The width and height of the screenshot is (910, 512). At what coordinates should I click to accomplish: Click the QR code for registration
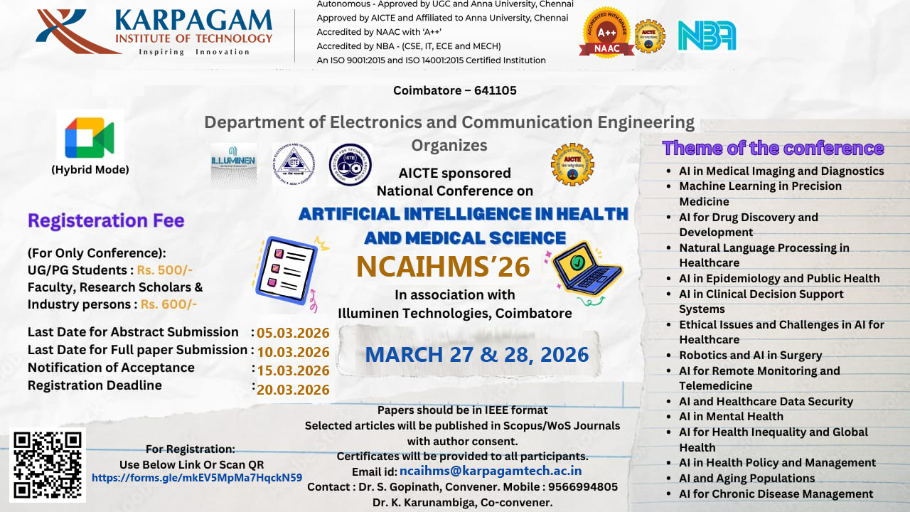click(x=48, y=464)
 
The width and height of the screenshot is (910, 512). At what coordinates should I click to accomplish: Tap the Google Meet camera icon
click(x=90, y=138)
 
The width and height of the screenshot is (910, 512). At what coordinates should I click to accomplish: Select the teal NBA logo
click(x=706, y=35)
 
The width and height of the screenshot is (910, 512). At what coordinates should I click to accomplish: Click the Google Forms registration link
click(x=197, y=478)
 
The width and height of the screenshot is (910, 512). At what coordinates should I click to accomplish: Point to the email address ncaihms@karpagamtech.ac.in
click(x=491, y=471)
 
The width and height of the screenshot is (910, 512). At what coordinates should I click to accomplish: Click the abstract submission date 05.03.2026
click(x=293, y=333)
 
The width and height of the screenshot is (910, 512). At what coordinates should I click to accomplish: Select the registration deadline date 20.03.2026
click(x=293, y=389)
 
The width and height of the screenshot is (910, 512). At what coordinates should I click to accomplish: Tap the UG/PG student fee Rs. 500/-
click(x=166, y=270)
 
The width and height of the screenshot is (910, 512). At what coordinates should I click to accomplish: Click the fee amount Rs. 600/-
click(x=168, y=304)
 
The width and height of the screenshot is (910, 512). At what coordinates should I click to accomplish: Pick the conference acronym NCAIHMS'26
click(x=443, y=267)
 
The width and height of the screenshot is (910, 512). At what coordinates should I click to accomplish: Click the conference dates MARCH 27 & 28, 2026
click(x=476, y=354)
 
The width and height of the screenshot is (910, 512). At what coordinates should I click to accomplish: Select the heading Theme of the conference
click(x=773, y=148)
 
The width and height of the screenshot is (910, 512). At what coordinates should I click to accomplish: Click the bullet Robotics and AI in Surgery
click(x=750, y=356)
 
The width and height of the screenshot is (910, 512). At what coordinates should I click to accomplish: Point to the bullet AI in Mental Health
click(x=731, y=417)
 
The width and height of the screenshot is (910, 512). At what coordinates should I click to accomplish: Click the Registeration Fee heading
click(x=106, y=221)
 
